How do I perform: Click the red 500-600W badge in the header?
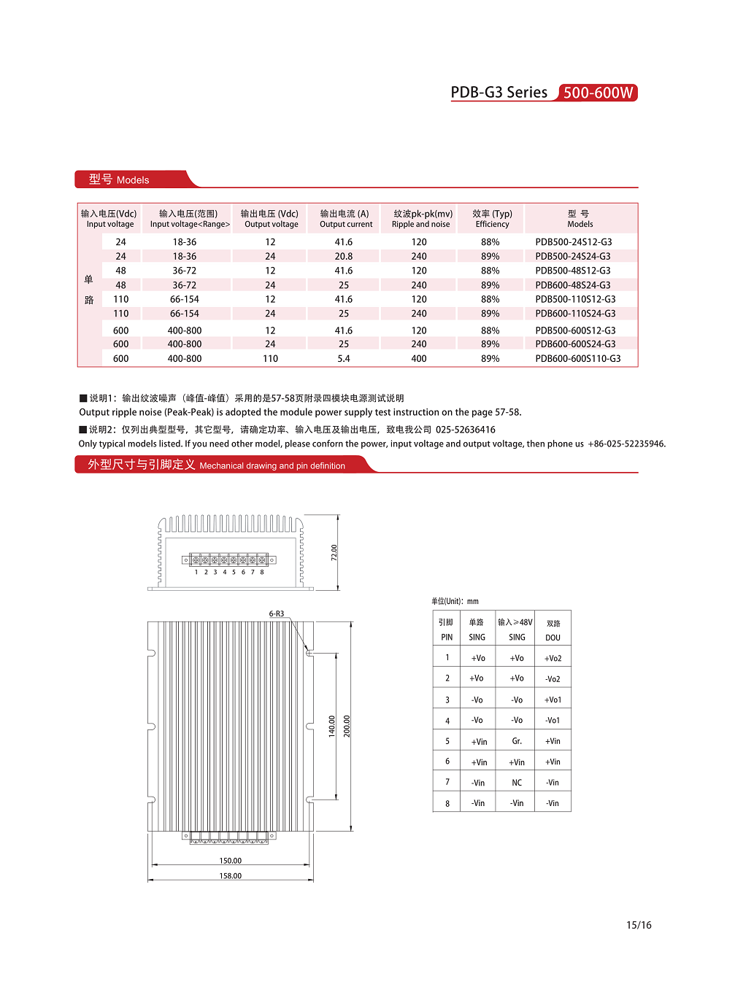[598, 93]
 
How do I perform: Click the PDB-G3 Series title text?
[499, 93]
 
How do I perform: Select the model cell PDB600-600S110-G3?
[577, 359]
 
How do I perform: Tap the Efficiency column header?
[492, 219]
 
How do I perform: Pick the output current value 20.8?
[343, 257]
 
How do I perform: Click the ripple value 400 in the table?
[418, 359]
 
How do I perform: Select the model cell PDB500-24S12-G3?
[573, 242]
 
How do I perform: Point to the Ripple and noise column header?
[421, 219]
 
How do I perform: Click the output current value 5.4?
[343, 359]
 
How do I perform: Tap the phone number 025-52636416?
[465, 430]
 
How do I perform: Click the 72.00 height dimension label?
[334, 552]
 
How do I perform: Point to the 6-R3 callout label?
[277, 614]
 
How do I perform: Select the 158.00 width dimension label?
[231, 876]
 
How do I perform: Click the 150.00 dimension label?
[231, 861]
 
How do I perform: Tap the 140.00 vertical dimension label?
[332, 726]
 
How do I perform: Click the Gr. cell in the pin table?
[517, 741]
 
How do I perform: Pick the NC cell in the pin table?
[517, 783]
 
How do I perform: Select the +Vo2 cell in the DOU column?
[553, 659]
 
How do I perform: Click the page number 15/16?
[639, 925]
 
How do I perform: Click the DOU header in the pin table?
[553, 638]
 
